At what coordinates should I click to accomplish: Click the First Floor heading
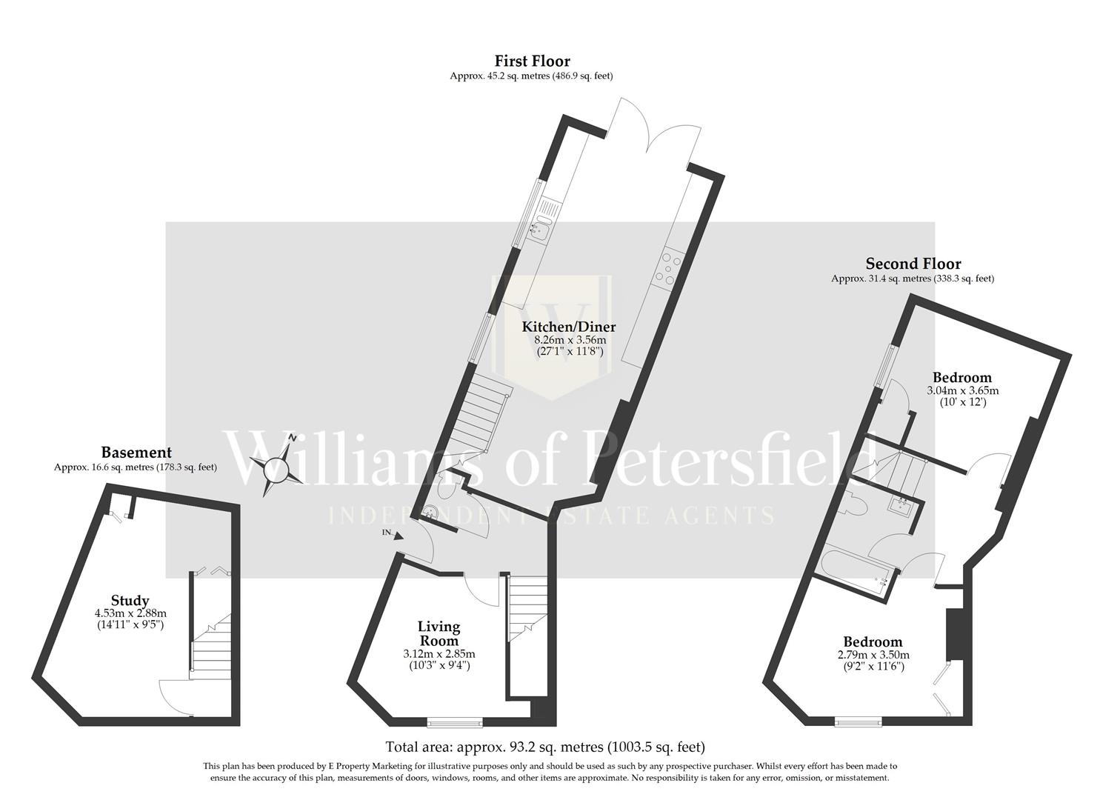[532, 61]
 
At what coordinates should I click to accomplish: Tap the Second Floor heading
[913, 264]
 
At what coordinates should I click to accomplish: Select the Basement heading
[136, 453]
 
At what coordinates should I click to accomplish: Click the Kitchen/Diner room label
[568, 327]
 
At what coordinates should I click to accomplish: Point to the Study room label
[130, 601]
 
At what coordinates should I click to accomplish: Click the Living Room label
[439, 634]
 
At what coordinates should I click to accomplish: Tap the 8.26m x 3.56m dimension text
[570, 340]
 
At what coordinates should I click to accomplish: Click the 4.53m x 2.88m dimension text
[130, 613]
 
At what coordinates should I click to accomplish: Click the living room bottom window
[455, 721]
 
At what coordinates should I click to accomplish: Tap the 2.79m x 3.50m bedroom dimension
[873, 655]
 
